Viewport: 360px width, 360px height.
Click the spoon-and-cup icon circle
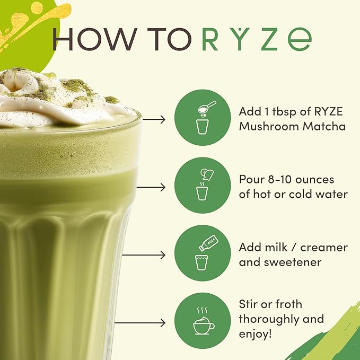pos(203,118)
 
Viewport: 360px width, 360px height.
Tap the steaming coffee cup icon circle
pos(203,321)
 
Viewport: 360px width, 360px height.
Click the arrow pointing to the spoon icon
pos(154,119)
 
